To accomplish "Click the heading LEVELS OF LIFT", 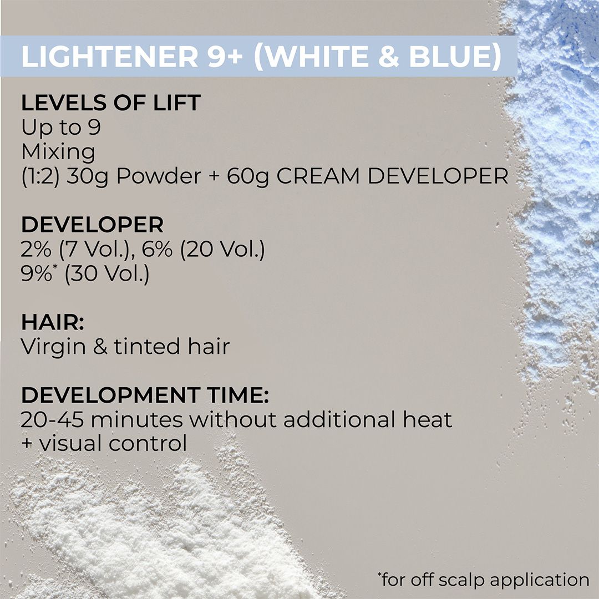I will point(110,104).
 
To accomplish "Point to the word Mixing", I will point(58,151).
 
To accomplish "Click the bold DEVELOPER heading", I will point(92,225).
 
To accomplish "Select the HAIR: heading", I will point(55,322).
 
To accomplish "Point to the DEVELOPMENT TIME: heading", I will point(145,396).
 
